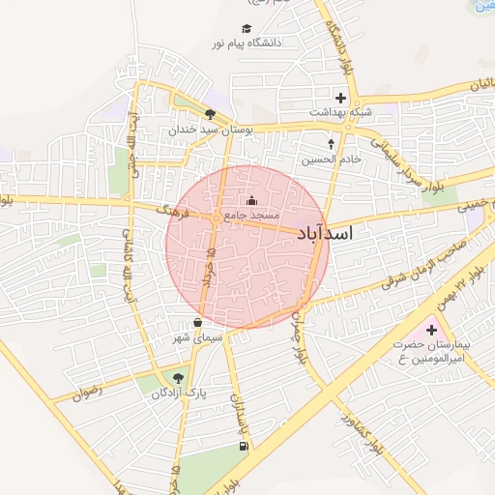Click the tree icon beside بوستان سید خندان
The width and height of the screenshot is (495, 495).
click(x=210, y=114)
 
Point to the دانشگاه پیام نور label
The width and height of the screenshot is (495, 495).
click(x=246, y=44)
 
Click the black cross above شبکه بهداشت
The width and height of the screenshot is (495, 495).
click(x=339, y=98)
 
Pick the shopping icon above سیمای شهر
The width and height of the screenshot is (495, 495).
click(x=198, y=323)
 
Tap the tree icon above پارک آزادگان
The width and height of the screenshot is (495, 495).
click(x=177, y=378)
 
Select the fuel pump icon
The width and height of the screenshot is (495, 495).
click(x=242, y=446)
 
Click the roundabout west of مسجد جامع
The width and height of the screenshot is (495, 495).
click(x=214, y=220)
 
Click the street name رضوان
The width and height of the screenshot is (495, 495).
click(x=88, y=393)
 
